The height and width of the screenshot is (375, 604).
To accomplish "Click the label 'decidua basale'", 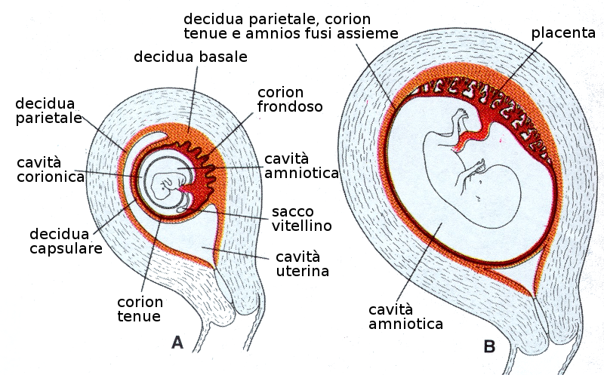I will [190, 57].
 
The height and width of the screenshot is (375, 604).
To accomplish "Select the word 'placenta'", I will [562, 33].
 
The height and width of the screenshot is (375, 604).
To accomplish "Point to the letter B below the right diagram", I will [489, 347].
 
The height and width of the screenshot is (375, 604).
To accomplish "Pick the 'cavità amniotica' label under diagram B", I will [405, 316].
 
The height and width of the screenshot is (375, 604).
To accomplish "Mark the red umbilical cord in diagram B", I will [476, 137].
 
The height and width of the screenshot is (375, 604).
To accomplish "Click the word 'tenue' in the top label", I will [206, 33].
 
